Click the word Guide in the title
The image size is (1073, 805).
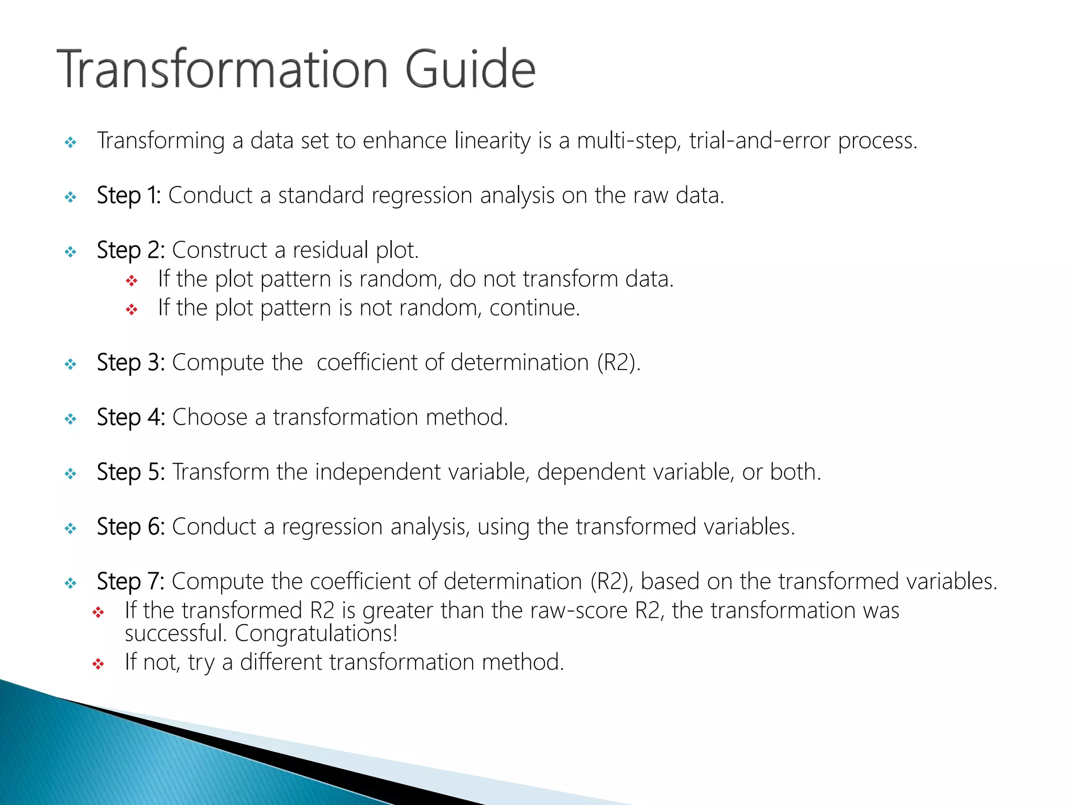click(470, 69)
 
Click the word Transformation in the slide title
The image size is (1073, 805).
click(223, 69)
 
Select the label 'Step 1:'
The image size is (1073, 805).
click(129, 195)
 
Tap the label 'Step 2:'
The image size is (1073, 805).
click(130, 250)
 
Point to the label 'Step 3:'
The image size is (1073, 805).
click(130, 362)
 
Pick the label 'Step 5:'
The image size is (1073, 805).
click(130, 472)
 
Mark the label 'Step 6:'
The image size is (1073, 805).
click(130, 527)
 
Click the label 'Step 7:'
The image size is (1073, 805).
click(130, 581)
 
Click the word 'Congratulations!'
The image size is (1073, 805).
click(316, 633)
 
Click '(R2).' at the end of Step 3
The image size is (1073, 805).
click(619, 362)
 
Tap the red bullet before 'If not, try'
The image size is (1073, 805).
click(98, 664)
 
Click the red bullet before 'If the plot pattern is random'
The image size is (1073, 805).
click(132, 281)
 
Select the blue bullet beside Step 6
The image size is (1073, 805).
click(70, 528)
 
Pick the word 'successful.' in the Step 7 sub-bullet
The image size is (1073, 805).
click(175, 633)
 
